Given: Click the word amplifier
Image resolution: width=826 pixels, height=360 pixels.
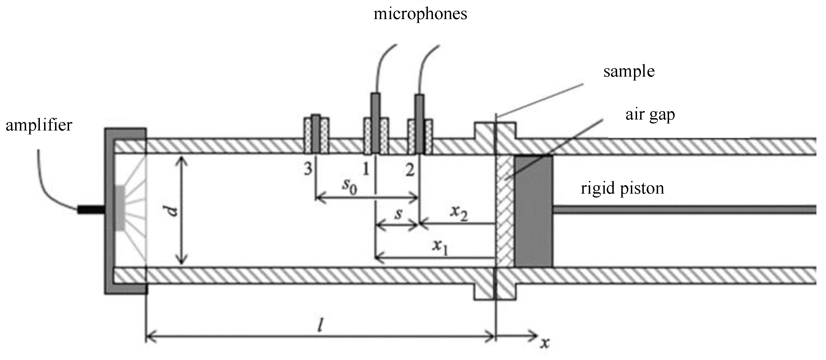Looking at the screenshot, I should [x=39, y=125].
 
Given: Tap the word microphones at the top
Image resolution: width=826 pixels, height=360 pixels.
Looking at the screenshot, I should [x=420, y=14].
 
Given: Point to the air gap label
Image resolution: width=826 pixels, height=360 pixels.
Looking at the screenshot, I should [x=650, y=114].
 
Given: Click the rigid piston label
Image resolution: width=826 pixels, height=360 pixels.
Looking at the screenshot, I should [x=622, y=188].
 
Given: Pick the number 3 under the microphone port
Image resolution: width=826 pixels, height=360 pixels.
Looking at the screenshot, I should [x=308, y=169].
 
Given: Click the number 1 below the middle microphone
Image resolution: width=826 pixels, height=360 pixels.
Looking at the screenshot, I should [x=366, y=169].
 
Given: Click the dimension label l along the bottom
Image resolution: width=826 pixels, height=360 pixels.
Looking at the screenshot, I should [x=320, y=326].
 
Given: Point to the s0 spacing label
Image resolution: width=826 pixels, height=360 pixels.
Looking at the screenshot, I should [x=349, y=186].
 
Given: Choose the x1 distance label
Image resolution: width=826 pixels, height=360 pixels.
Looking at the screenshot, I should [x=440, y=246].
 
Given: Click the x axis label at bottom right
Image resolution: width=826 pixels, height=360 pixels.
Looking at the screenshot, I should [x=544, y=344].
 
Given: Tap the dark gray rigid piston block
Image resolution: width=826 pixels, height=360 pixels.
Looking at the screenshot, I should [x=533, y=211].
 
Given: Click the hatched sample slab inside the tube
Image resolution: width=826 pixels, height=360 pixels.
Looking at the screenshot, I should [x=505, y=211].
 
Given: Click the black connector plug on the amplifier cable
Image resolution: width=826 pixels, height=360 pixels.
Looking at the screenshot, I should [x=91, y=210].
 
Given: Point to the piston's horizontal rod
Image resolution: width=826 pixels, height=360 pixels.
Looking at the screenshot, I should [x=683, y=210].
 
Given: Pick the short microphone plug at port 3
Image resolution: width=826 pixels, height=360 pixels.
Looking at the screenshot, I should [x=316, y=134].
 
